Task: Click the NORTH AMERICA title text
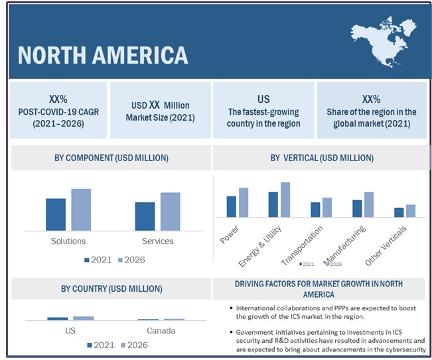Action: (103, 54)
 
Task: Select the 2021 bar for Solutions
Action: (56, 213)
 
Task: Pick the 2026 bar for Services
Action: (171, 211)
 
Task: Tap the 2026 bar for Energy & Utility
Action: (285, 200)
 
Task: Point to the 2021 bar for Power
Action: (231, 206)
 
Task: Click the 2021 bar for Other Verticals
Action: (399, 212)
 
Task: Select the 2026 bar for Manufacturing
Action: (369, 204)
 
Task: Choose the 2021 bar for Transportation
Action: (315, 210)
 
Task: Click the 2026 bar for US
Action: (84, 318)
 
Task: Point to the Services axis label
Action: (157, 241)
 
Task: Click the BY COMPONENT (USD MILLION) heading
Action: (111, 158)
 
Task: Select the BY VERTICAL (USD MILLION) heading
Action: (322, 158)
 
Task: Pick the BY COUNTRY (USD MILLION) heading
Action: (111, 288)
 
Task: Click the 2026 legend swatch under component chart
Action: (121, 260)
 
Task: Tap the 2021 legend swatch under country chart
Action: (90, 345)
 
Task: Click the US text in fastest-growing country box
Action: (263, 99)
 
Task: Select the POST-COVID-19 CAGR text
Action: (59, 112)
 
